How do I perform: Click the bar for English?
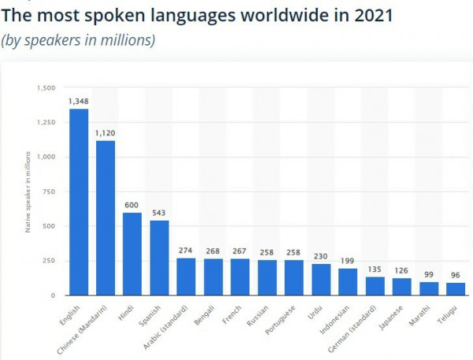pyautogui.click(x=79, y=202)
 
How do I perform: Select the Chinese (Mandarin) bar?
pyautogui.click(x=106, y=217)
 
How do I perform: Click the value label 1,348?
pyautogui.click(x=79, y=102)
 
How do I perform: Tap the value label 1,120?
pyautogui.click(x=106, y=133)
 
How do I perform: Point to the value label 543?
pyautogui.click(x=159, y=213)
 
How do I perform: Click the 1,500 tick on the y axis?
pyautogui.click(x=46, y=87)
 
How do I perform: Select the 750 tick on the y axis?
pyautogui.click(x=49, y=191)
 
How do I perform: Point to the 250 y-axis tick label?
pyautogui.click(x=49, y=261)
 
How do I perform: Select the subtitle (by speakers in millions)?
pyautogui.click(x=78, y=39)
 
